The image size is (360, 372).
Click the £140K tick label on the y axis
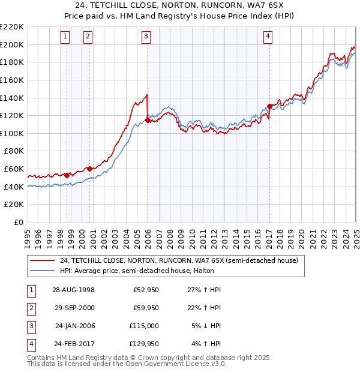[x=12, y=97]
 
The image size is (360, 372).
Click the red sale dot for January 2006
[x=148, y=120]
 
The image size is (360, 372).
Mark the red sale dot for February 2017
[x=269, y=106]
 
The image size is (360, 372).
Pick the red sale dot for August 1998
[x=67, y=175]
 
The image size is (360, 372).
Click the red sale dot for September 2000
[x=90, y=169]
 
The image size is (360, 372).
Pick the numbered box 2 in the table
[x=31, y=308]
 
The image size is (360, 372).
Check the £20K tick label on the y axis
[x=14, y=205]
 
